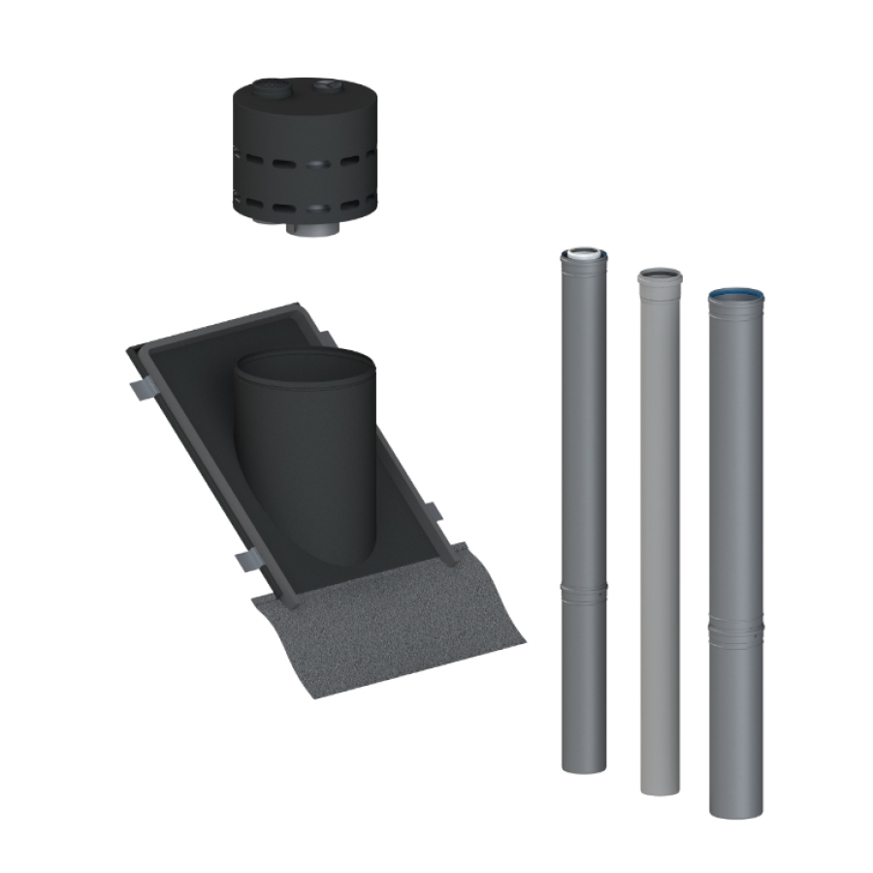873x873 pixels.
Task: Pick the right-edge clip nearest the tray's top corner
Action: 326,339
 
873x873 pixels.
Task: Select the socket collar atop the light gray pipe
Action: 660,277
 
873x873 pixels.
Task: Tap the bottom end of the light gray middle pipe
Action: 660,786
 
